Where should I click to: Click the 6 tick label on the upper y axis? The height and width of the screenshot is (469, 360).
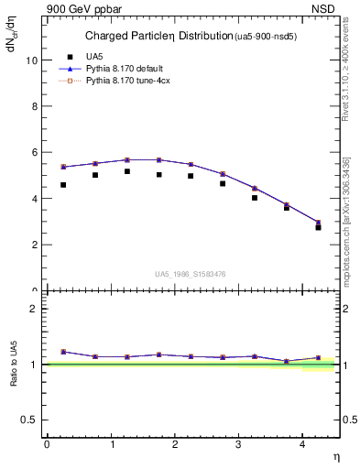36,153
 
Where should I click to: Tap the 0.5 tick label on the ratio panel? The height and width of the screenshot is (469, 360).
31,420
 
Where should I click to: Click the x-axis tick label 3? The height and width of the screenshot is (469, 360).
239,444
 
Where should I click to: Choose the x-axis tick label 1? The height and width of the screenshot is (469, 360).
111,444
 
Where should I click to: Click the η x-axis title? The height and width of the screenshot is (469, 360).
335,456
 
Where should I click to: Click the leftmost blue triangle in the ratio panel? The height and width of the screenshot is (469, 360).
63,352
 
